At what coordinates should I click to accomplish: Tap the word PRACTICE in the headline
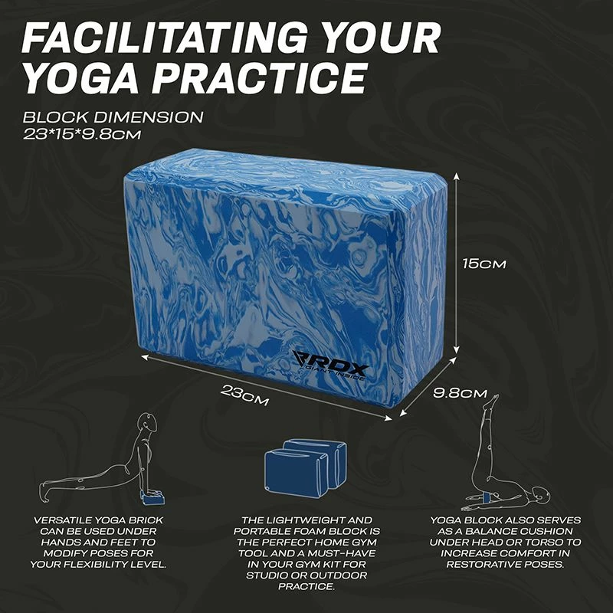(259, 77)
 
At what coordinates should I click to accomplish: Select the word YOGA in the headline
(81, 77)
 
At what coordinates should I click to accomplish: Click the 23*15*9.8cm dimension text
(82, 135)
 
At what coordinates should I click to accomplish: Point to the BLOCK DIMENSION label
(113, 117)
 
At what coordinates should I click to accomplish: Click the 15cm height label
(484, 264)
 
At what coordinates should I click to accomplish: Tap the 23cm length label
(244, 395)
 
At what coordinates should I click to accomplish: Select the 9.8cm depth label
(461, 393)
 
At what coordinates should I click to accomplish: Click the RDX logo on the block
(330, 366)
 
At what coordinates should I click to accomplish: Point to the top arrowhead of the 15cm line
(456, 176)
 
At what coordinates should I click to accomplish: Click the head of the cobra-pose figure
(149, 422)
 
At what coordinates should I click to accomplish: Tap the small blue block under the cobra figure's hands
(153, 499)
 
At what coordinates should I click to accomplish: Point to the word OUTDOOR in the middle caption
(345, 575)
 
